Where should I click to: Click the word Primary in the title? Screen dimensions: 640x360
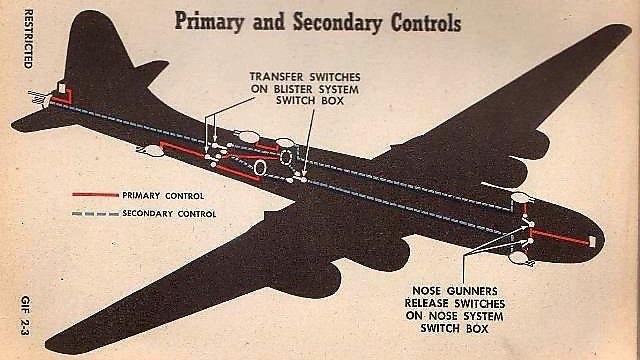click(x=209, y=22)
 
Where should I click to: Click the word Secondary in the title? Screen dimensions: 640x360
click(x=337, y=22)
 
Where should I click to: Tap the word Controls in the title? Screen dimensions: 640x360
click(x=426, y=22)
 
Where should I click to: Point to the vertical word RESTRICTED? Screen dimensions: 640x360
click(x=28, y=39)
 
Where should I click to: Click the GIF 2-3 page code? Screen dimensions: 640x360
click(x=25, y=315)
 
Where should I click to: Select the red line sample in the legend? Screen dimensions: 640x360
click(x=95, y=195)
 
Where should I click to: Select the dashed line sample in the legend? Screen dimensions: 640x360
click(x=95, y=213)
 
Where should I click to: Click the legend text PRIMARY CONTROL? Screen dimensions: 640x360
click(x=163, y=196)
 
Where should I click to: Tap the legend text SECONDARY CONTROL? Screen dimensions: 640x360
click(x=169, y=213)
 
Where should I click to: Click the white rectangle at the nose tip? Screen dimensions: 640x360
click(x=592, y=241)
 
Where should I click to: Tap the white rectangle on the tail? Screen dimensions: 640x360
click(x=62, y=87)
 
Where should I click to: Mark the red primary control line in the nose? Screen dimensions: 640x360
click(x=559, y=237)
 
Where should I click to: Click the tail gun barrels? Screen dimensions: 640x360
click(x=38, y=97)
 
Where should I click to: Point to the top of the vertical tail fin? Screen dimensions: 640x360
click(x=91, y=12)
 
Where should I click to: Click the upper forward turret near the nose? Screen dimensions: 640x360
click(x=522, y=198)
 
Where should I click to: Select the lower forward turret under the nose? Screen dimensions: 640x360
click(x=519, y=258)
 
